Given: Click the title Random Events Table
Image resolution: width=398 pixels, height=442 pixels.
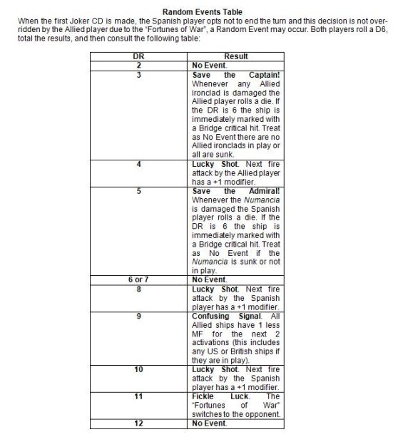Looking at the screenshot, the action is [202, 12].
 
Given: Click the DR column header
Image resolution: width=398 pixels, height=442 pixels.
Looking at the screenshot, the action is [140, 56].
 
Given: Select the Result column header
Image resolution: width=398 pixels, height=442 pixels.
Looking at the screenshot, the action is [236, 56].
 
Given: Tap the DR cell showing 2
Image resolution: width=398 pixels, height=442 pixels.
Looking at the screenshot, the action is [140, 65].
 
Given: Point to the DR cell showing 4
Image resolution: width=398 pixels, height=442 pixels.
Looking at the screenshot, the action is [140, 165].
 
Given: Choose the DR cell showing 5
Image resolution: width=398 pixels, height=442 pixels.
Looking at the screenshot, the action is [140, 191].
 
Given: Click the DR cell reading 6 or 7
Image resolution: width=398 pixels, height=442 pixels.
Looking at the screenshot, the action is [140, 279].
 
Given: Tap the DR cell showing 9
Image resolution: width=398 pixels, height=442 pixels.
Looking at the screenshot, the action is [140, 315].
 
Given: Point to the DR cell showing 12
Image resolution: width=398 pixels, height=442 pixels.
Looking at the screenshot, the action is [140, 422].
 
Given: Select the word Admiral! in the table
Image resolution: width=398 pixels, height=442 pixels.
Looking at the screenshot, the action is [263, 191].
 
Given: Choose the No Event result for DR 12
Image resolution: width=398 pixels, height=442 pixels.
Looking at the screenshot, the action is [210, 422].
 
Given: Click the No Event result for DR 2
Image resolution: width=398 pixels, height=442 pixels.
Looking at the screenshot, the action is [210, 65].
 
